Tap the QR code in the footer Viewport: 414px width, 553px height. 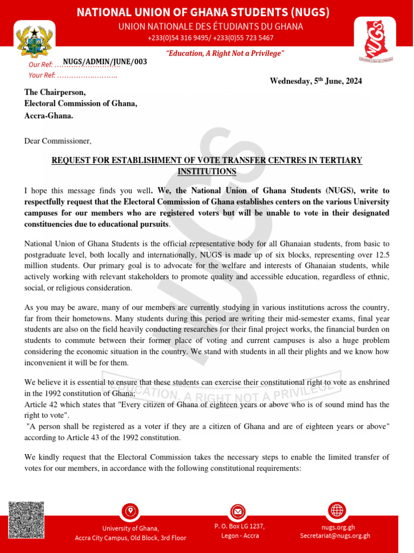pos(26,520)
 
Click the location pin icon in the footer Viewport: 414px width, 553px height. pos(130,510)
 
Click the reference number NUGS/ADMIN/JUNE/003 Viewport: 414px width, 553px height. pos(105,62)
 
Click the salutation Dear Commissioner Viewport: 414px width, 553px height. pos(58,141)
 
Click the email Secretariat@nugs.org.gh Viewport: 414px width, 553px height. pos(335,536)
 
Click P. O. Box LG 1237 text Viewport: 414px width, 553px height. pos(239,526)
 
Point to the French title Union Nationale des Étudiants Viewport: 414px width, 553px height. pos(210,26)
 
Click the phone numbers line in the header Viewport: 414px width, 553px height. pos(210,38)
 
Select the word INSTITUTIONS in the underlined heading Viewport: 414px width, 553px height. pos(207,171)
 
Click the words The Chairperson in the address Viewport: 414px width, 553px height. pos(55,92)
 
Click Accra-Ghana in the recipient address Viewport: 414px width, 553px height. pos(49,116)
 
